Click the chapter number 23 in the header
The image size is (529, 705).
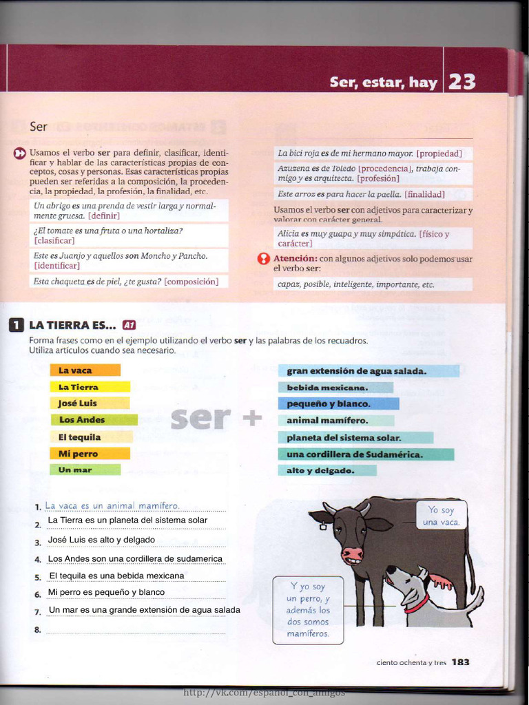(x=461, y=82)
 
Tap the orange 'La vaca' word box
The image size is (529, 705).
(x=85, y=370)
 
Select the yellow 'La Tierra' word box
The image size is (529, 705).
(x=90, y=387)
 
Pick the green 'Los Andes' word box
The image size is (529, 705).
(x=94, y=420)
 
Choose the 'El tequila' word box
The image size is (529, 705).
(x=91, y=437)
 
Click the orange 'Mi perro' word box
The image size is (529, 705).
(x=90, y=454)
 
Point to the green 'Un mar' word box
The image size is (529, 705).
(x=85, y=470)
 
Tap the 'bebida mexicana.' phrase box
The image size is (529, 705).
(x=335, y=388)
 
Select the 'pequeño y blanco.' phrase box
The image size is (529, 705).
(x=338, y=404)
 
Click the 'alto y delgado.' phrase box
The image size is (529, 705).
(x=327, y=471)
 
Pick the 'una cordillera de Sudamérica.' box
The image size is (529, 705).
(x=366, y=454)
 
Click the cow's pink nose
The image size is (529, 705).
(x=352, y=554)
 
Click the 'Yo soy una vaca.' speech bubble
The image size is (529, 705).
(x=441, y=516)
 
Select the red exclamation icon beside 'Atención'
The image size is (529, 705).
(x=263, y=259)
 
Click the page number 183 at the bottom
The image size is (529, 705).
(x=461, y=662)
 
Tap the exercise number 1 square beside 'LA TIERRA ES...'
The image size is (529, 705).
(x=17, y=325)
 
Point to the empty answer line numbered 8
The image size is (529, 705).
(x=136, y=630)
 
